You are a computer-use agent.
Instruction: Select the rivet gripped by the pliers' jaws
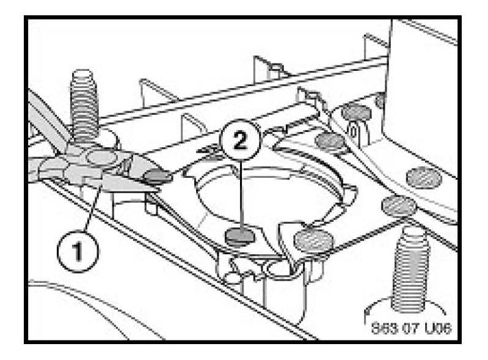[155, 178]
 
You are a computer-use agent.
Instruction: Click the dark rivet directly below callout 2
[238, 235]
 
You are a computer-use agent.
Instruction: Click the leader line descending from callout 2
[241, 196]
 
